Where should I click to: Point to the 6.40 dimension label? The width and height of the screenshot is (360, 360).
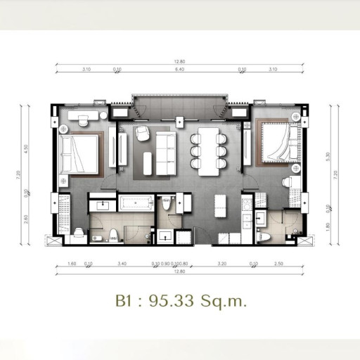coord(179,70)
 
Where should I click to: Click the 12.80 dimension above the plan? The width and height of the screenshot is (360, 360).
coord(180,61)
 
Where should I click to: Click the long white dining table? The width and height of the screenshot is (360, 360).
coord(208,150)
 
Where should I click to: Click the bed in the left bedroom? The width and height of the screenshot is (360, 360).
coord(82,153)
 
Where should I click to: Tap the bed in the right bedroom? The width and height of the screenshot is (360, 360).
coord(279,143)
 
